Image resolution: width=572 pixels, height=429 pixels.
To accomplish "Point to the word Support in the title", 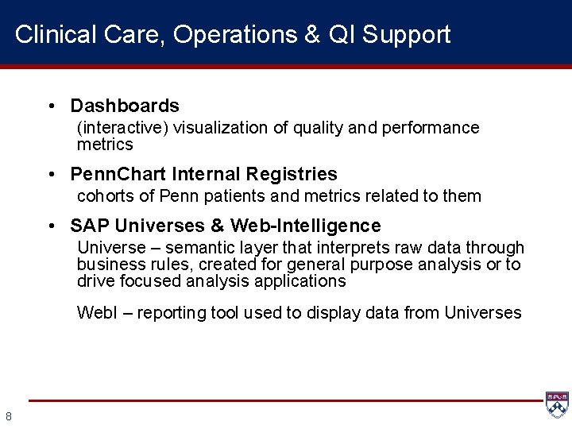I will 405,35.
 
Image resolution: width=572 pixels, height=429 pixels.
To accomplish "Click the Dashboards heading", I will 125,106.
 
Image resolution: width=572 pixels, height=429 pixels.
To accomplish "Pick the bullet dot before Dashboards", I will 51,106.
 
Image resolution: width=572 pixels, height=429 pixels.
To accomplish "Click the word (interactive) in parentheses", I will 123,128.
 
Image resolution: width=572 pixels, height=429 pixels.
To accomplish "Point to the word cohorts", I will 104,196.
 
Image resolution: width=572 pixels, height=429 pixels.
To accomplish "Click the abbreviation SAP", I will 91,226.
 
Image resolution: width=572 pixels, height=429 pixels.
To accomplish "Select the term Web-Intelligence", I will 306,226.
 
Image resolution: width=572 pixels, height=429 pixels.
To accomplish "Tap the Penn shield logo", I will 557,404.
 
